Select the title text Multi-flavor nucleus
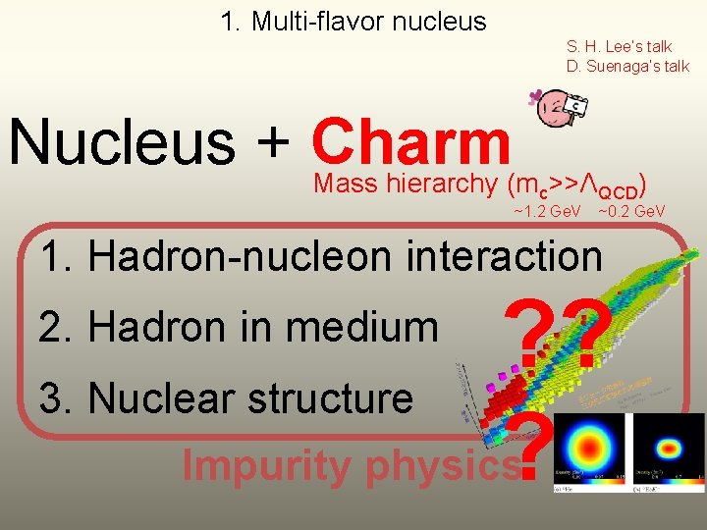click(353, 21)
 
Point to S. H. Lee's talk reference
click(619, 46)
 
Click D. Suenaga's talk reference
click(627, 66)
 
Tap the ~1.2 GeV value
click(547, 211)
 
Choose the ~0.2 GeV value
click(631, 211)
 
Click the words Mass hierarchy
click(406, 183)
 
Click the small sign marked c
click(577, 106)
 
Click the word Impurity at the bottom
click(267, 465)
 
